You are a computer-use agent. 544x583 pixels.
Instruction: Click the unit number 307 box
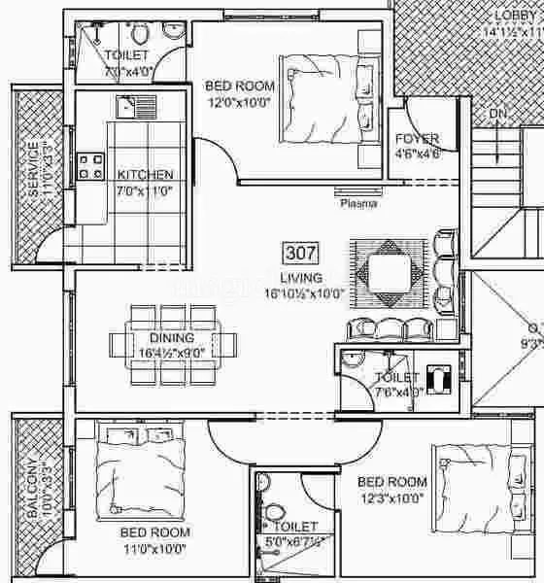click(298, 254)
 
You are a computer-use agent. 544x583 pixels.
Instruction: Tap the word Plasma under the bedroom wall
click(357, 204)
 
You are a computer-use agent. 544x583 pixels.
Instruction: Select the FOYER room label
click(418, 139)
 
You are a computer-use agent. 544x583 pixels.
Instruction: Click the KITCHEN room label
click(146, 175)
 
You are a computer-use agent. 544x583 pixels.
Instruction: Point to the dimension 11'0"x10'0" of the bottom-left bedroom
click(154, 548)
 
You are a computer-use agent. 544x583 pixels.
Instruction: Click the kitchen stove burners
click(91, 164)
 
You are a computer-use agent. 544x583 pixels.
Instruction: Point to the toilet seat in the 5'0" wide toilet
click(278, 509)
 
